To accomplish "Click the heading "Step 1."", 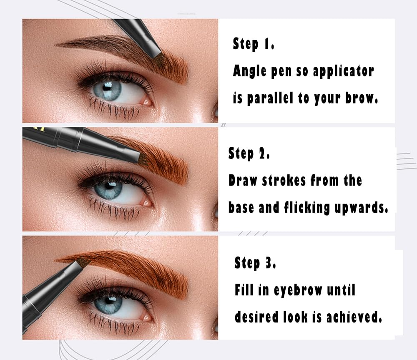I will tap(253, 44).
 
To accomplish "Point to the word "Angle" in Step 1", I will tap(249, 71).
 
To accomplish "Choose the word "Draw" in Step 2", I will tap(243, 181).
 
